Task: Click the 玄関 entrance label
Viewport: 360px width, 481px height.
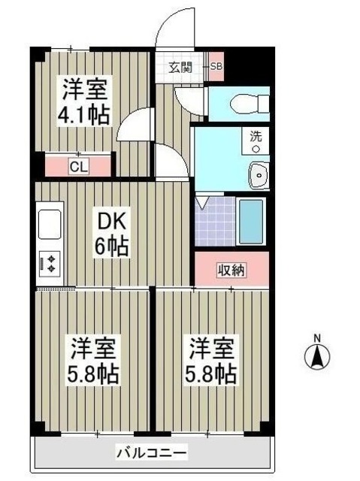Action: pos(180,67)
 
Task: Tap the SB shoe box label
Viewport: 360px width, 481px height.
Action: pos(216,67)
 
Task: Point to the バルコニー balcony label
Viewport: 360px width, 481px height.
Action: pos(151,453)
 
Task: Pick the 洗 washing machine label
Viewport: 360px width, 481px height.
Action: pos(256,138)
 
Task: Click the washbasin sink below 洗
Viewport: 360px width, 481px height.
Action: pos(258,176)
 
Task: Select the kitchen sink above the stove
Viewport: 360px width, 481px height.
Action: pos(50,224)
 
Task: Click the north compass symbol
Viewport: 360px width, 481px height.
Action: pos(317,357)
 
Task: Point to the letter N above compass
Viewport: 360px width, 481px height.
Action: pos(317,337)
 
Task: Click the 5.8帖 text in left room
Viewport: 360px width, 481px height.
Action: pos(92,374)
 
